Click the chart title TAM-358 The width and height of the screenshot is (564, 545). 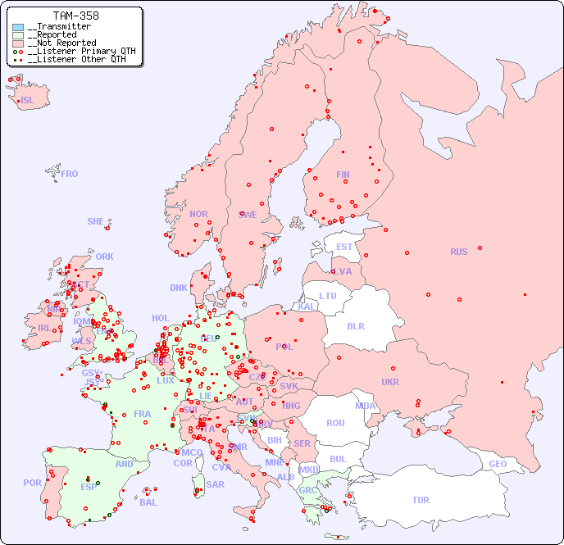point(75,16)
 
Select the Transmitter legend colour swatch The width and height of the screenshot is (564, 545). point(18,27)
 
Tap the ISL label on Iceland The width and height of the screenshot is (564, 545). point(28,101)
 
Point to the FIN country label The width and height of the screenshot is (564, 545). point(343,175)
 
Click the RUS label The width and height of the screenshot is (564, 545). point(458,252)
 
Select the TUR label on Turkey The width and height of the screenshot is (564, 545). point(421,500)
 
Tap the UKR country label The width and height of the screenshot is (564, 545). point(390,382)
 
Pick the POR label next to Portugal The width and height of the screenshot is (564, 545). point(32,483)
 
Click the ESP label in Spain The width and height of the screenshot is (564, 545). point(89,486)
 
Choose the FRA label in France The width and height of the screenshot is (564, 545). point(143,414)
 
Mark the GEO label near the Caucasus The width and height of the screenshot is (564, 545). point(498,464)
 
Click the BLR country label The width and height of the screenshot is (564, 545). point(355,325)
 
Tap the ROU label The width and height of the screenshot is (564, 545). point(335,423)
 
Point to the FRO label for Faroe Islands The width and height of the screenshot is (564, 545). point(70,174)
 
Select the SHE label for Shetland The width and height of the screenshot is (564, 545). point(96,221)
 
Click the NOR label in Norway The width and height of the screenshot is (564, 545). point(198,214)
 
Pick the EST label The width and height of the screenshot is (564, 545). point(344,247)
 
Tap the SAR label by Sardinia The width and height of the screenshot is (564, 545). point(215,484)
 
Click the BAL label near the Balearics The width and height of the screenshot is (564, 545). point(148,502)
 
